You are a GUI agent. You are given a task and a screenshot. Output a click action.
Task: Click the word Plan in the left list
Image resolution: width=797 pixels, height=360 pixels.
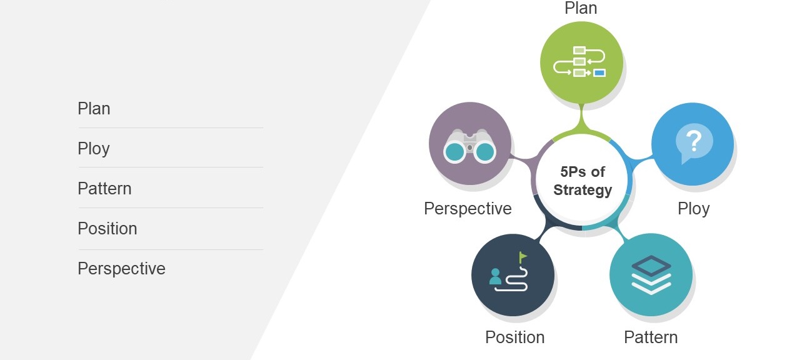pos(94,109)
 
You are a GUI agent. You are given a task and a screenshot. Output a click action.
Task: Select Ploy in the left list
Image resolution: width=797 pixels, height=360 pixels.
pos(94,149)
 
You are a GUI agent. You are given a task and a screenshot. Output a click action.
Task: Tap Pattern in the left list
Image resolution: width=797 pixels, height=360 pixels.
pos(104,189)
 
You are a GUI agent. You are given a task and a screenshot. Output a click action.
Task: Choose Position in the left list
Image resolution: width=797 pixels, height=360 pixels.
pos(108,228)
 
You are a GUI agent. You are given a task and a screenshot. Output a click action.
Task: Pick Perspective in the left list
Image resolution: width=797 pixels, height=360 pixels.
pos(122,269)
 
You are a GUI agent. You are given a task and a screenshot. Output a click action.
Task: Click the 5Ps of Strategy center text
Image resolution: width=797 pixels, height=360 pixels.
pos(583,181)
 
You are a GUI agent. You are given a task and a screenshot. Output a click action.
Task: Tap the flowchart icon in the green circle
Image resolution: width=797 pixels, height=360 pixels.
pos(579,61)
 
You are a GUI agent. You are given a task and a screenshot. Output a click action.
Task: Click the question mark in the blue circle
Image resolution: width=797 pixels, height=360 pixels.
pos(693,140)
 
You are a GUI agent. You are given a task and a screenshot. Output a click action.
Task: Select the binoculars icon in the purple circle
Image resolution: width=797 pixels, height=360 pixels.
pos(469,146)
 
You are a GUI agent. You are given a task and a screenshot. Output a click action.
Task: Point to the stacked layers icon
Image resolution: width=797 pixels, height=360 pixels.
pos(651,275)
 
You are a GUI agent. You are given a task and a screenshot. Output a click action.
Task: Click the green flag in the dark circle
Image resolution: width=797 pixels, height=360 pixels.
pos(523,257)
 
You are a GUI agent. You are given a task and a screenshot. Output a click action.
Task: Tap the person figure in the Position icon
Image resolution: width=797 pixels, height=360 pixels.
pos(495,277)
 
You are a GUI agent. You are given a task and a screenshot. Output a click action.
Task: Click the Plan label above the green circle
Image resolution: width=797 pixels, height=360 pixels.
pos(581,8)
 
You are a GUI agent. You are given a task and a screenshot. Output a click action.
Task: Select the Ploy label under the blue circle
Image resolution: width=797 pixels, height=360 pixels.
pos(693,209)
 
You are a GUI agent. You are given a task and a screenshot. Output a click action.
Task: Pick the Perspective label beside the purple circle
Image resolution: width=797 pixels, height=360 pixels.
pos(468,209)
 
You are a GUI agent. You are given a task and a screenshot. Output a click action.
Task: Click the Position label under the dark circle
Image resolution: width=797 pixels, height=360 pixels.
pos(515,337)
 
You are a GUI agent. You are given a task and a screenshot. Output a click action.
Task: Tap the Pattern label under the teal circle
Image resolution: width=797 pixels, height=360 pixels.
pos(651,337)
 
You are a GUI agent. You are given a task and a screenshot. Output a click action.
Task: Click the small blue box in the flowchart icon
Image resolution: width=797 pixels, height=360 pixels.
pos(599,73)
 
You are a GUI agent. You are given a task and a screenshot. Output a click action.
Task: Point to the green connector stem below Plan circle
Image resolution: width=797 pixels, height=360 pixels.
pos(581,119)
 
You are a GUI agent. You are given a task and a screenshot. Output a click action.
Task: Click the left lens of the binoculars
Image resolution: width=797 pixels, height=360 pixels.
pos(454,152)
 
